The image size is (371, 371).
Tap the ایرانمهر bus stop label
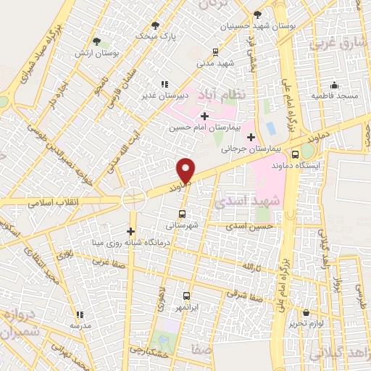186,307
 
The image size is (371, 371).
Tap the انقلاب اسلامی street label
54,202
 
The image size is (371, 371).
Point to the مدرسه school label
80,326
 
